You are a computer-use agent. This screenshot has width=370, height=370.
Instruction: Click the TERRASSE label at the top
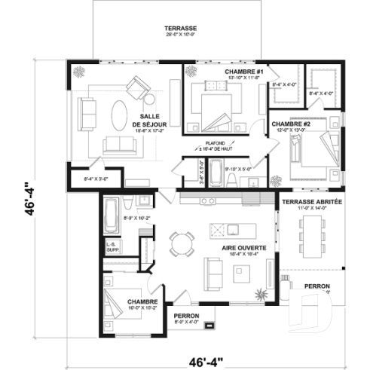tap(181, 29)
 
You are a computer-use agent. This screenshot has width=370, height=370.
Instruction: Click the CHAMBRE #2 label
tap(286, 124)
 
